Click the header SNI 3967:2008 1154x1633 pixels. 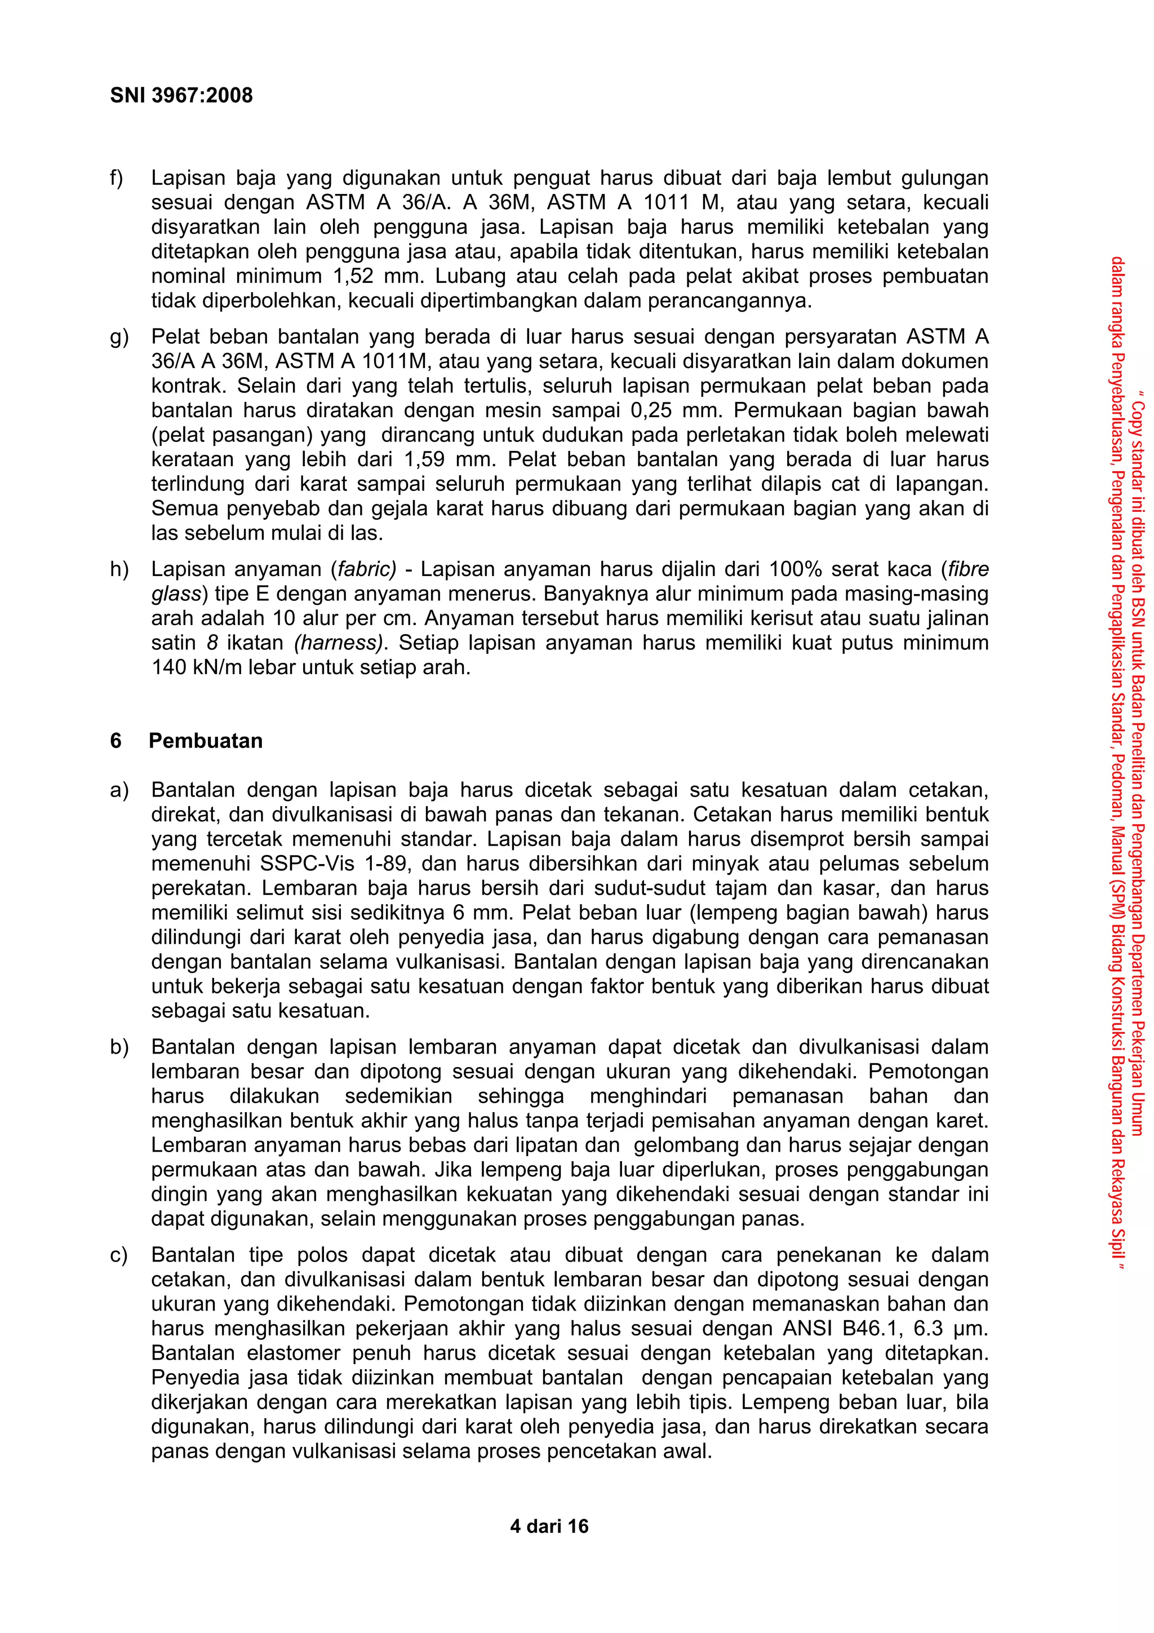(x=181, y=95)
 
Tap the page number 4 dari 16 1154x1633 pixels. (x=549, y=1526)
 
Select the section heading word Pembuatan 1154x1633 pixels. (x=206, y=741)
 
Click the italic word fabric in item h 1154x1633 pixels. (x=367, y=569)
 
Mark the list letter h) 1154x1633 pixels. (x=119, y=569)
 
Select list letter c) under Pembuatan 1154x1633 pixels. (x=119, y=1255)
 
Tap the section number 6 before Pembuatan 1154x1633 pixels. (x=116, y=741)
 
